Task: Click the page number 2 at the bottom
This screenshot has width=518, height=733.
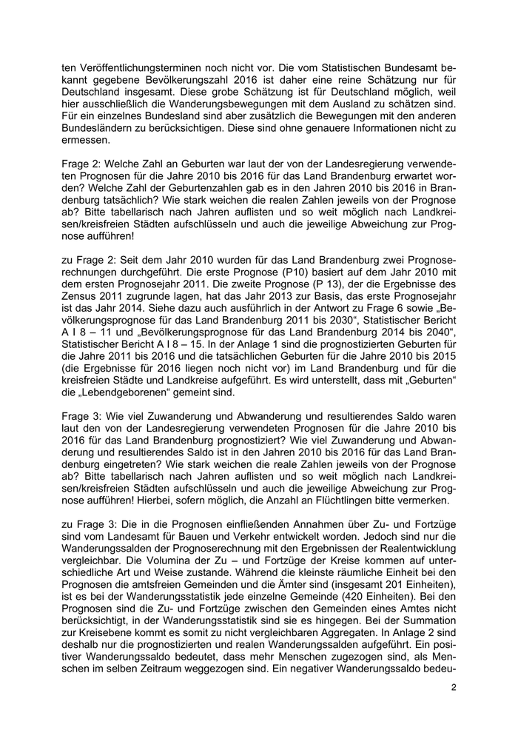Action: (454, 688)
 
